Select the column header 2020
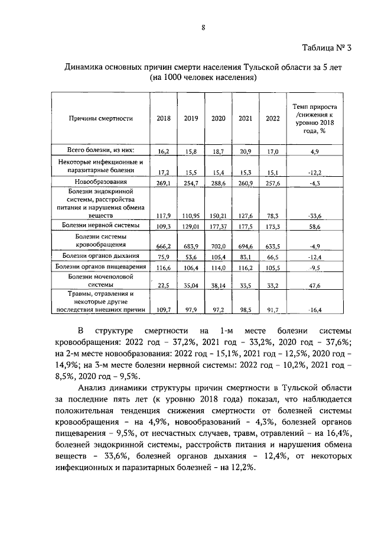[x=219, y=118]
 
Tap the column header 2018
[x=164, y=118]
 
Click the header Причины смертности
[x=99, y=118]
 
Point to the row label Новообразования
[x=99, y=182]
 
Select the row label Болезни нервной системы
[x=99, y=225]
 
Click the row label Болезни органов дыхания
[x=99, y=256]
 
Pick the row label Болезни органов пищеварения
[x=99, y=267]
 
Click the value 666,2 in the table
[x=162, y=245]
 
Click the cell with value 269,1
[x=162, y=183]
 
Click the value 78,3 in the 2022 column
[x=272, y=215]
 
